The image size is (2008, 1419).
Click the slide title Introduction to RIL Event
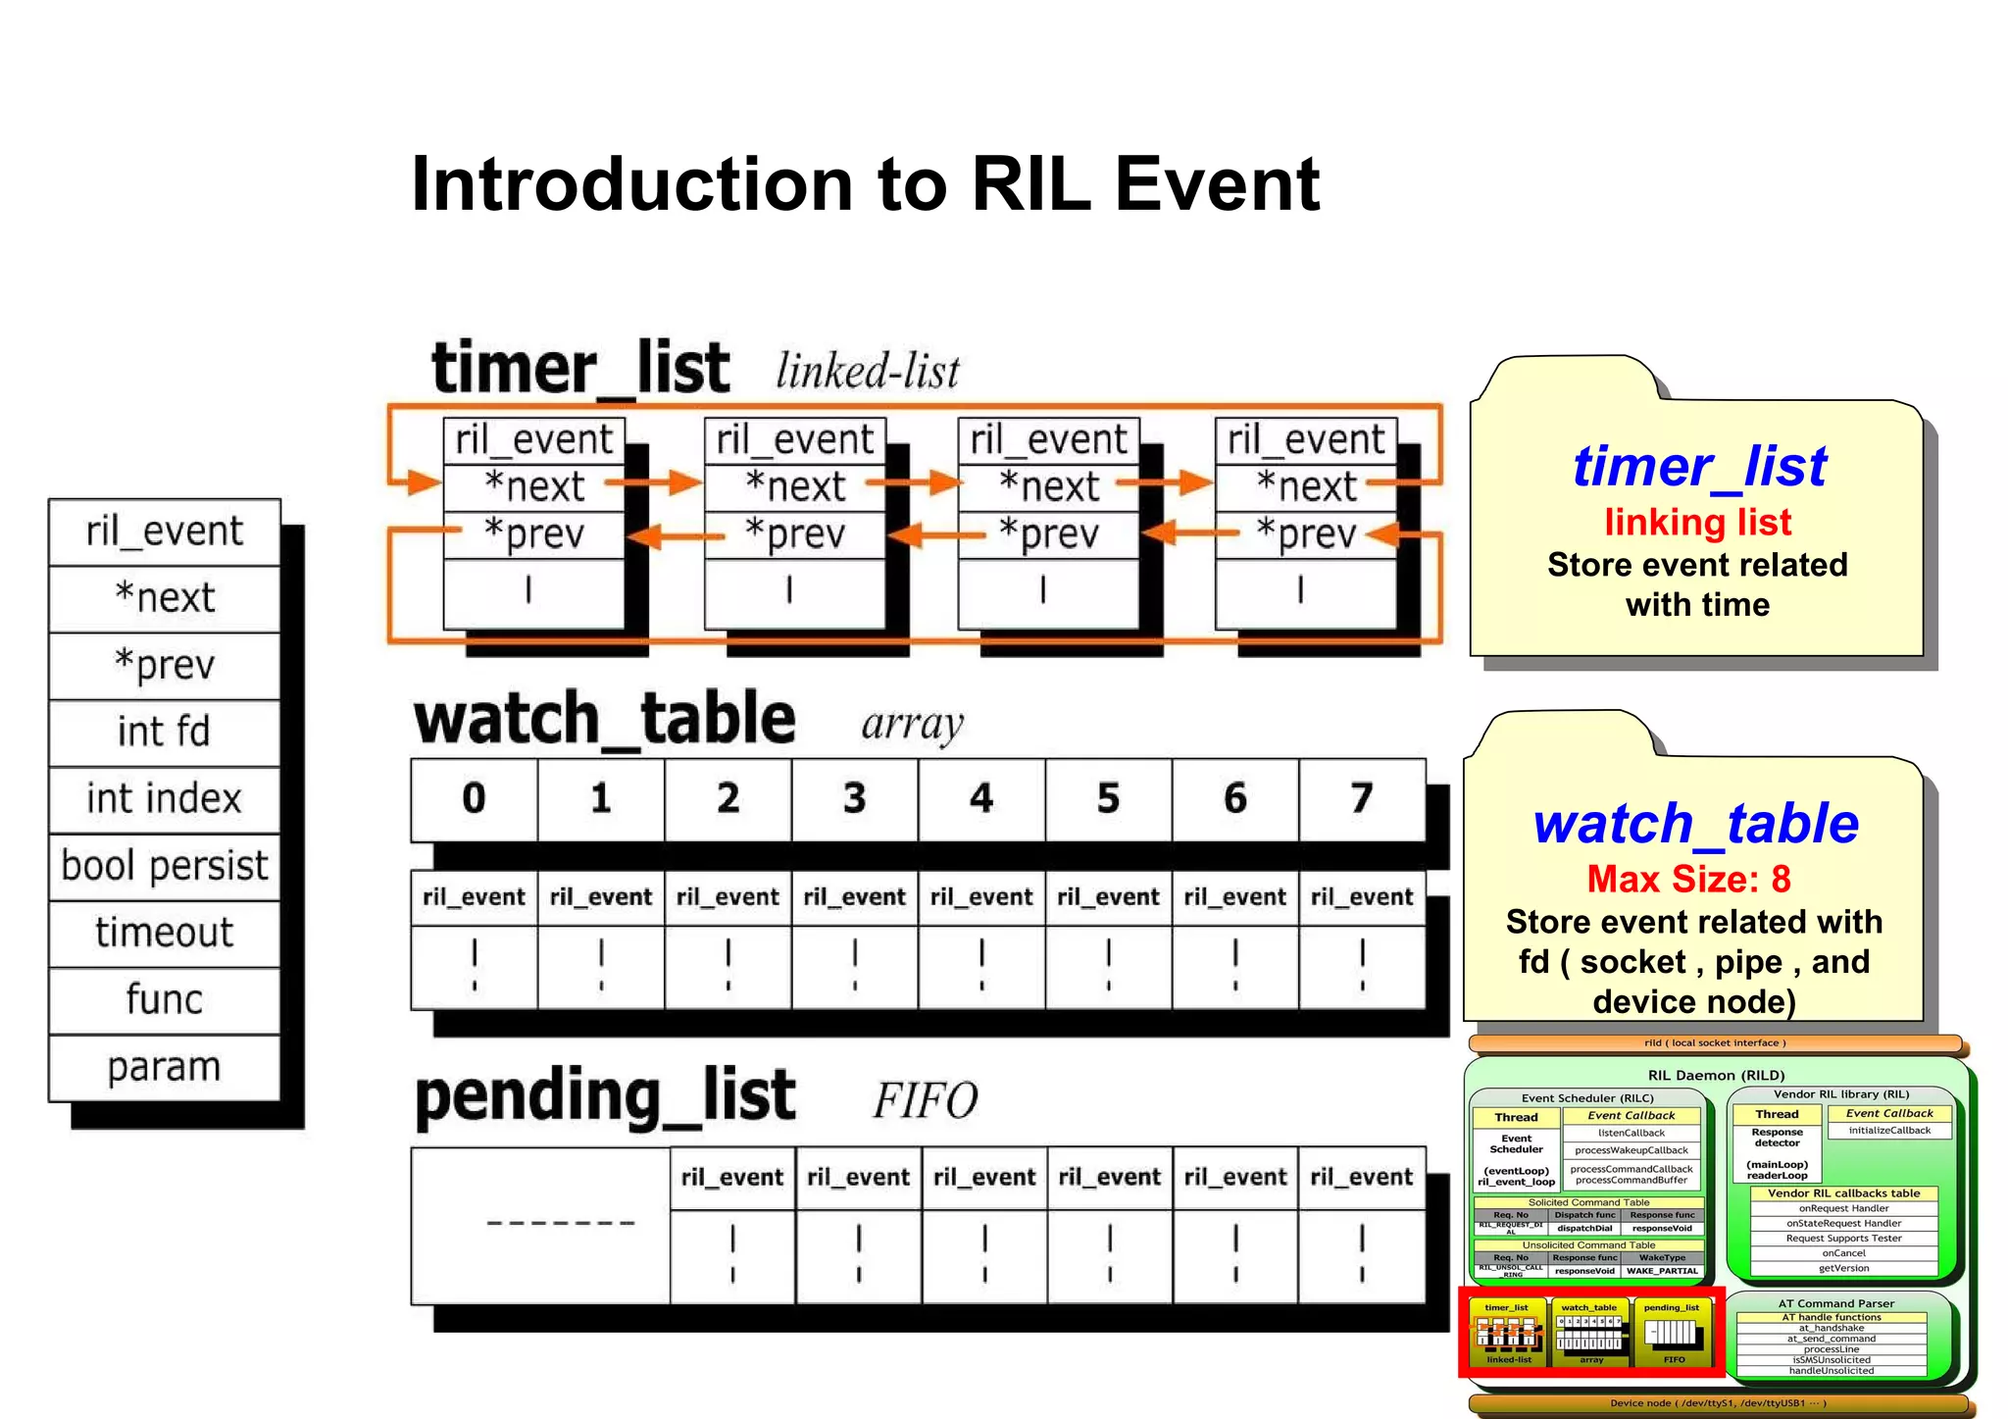click(865, 184)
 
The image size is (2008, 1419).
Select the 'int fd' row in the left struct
click(164, 732)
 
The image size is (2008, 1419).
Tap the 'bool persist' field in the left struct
click(164, 866)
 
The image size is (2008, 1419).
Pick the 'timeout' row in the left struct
click(164, 933)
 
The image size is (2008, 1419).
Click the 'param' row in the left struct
click(164, 1067)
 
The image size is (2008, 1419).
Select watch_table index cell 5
click(1108, 798)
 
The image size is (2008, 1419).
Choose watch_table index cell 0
click(474, 798)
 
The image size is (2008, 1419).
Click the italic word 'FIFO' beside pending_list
click(925, 1100)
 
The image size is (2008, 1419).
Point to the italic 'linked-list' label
click(867, 372)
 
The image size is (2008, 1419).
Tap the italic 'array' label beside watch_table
click(912, 725)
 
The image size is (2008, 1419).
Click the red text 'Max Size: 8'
click(1688, 879)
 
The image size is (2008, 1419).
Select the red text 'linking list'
click(1697, 522)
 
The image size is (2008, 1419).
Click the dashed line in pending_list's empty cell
click(561, 1223)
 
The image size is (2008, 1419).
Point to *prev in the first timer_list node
click(534, 534)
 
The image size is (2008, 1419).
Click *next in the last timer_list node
click(1306, 486)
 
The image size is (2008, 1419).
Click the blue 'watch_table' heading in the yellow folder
click(1696, 823)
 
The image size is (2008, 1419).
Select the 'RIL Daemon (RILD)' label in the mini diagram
click(1716, 1075)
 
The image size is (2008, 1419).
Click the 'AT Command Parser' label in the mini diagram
click(1835, 1303)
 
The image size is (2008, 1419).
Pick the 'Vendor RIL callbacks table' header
click(1843, 1193)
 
